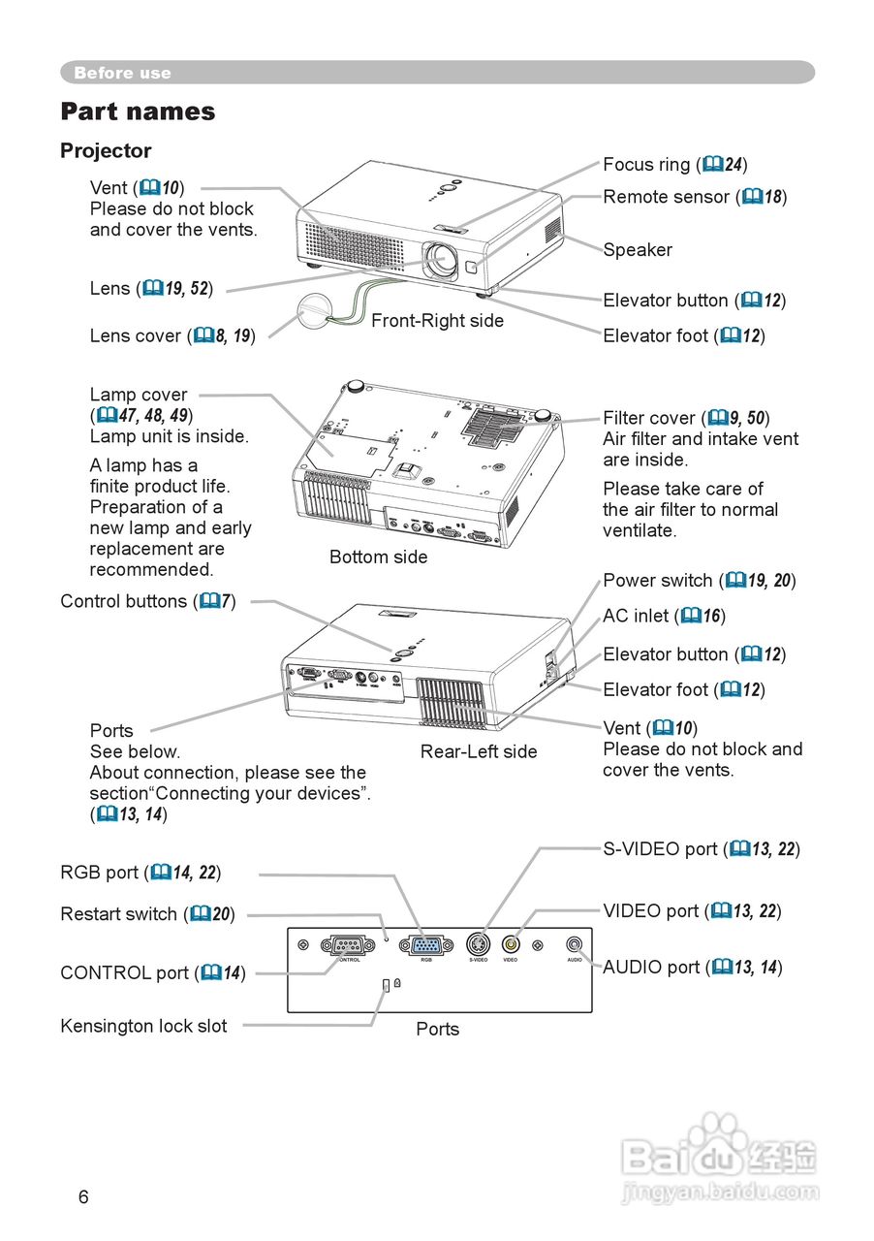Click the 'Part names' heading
(138, 111)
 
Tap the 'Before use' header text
(122, 73)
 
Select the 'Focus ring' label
(646, 165)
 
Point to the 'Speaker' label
(638, 250)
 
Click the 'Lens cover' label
(136, 335)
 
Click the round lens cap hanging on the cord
(312, 312)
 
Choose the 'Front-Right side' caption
(437, 321)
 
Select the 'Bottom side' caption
(378, 557)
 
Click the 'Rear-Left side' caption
(479, 751)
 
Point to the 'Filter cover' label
(648, 418)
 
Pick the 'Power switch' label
(658, 581)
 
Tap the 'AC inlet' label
(636, 616)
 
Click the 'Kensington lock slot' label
(143, 1026)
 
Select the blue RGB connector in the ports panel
(425, 945)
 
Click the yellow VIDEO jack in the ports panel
(511, 943)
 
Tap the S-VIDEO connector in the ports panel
(478, 944)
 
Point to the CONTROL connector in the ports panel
(348, 945)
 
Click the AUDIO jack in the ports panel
(576, 943)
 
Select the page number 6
(83, 1197)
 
